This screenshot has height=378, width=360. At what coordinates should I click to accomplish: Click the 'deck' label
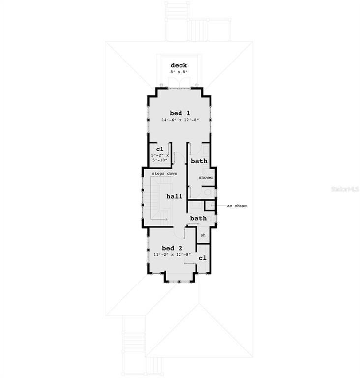[179, 65]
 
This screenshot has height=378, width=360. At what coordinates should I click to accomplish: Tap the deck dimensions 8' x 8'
[179, 72]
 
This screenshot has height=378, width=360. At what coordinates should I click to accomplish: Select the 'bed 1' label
[180, 112]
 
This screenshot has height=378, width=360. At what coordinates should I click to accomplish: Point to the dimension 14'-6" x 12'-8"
[180, 120]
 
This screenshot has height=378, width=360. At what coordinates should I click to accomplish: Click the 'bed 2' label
[172, 248]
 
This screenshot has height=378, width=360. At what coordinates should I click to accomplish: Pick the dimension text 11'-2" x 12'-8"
[172, 255]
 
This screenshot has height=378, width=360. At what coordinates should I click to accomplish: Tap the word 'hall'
[174, 196]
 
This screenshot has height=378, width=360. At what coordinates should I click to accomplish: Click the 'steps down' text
[164, 174]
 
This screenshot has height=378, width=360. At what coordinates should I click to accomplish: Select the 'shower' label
[206, 177]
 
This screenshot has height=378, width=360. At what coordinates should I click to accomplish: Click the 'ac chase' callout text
[237, 206]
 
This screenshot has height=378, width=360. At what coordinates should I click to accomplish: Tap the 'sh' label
[202, 236]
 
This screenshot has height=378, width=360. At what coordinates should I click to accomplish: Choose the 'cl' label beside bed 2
[202, 258]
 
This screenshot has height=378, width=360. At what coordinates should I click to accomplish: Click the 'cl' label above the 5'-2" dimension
[159, 149]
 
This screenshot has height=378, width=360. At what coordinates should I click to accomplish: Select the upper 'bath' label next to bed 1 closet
[199, 161]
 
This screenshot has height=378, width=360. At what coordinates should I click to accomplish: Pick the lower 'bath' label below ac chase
[198, 218]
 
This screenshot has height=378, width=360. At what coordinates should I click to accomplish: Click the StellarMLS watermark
[346, 189]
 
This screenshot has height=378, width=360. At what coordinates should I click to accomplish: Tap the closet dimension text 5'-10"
[159, 160]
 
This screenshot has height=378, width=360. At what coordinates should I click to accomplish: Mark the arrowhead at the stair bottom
[166, 219]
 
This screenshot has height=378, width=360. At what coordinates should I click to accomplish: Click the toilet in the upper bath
[208, 192]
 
